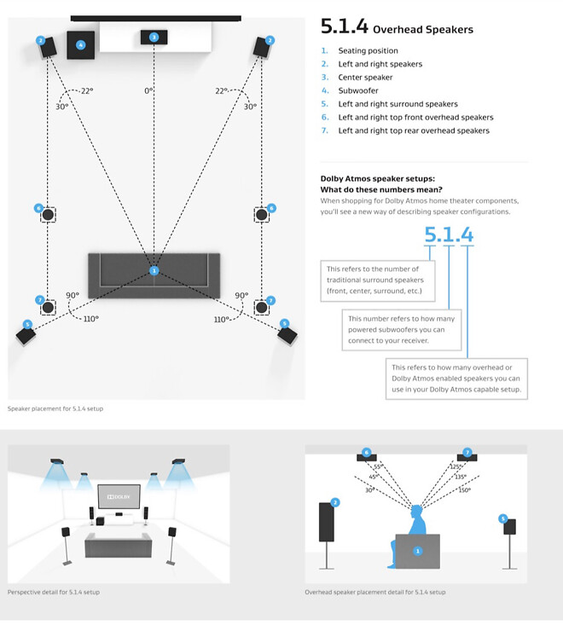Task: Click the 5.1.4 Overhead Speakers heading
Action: pyautogui.click(x=396, y=27)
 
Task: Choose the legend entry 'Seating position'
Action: pyautogui.click(x=368, y=50)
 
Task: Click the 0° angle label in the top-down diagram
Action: pyautogui.click(x=148, y=90)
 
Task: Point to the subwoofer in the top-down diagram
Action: pyautogui.click(x=81, y=45)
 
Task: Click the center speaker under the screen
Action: pyautogui.click(x=154, y=38)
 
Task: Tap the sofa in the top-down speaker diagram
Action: pyautogui.click(x=154, y=270)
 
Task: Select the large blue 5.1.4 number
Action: pyautogui.click(x=449, y=234)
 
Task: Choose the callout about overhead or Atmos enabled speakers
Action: pyautogui.click(x=457, y=378)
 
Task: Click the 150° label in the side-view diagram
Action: pyautogui.click(x=463, y=489)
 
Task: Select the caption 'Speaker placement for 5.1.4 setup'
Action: pyautogui.click(x=55, y=409)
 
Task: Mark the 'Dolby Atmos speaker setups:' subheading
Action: pyautogui.click(x=376, y=177)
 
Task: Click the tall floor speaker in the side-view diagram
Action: pyautogui.click(x=327, y=522)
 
